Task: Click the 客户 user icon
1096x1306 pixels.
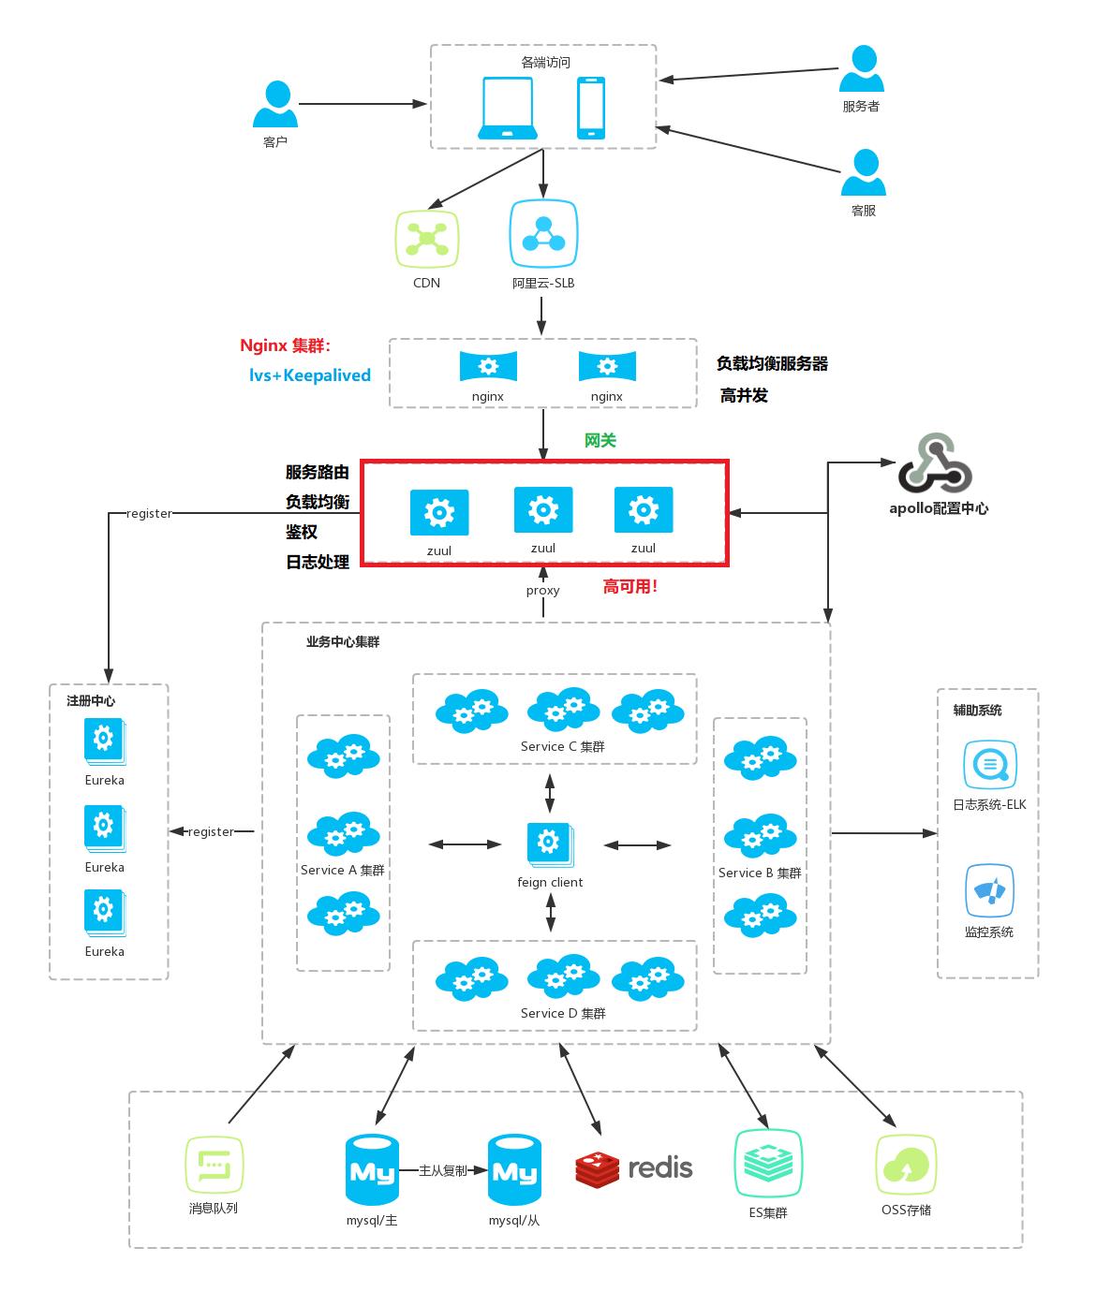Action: pyautogui.click(x=275, y=105)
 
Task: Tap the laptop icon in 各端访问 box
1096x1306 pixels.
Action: pyautogui.click(x=508, y=109)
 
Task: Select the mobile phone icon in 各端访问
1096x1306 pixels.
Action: pyautogui.click(x=590, y=109)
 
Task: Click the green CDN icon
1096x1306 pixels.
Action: pyautogui.click(x=427, y=240)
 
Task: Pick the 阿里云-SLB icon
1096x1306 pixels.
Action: pyautogui.click(x=543, y=234)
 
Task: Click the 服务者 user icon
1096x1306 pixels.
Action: pyautogui.click(x=861, y=69)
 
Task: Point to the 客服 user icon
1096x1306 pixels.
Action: pyautogui.click(x=863, y=173)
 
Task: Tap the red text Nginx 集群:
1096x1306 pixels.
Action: pyautogui.click(x=286, y=345)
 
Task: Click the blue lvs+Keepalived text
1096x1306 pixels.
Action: pyautogui.click(x=309, y=375)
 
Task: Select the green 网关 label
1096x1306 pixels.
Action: pyautogui.click(x=600, y=440)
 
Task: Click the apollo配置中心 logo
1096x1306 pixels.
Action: pyautogui.click(x=934, y=463)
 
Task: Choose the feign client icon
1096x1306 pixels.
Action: pyautogui.click(x=550, y=844)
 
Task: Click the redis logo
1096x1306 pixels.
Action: pyautogui.click(x=634, y=1167)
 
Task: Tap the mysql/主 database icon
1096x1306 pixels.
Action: pyautogui.click(x=372, y=1170)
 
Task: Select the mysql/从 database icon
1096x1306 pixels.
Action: pyautogui.click(x=514, y=1170)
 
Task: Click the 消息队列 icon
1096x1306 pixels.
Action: pyautogui.click(x=214, y=1167)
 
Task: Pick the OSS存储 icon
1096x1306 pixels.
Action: pyautogui.click(x=906, y=1166)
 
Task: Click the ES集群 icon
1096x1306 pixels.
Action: pyautogui.click(x=768, y=1163)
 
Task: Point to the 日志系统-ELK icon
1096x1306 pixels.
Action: pyautogui.click(x=989, y=765)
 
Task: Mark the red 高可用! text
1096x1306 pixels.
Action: pyautogui.click(x=629, y=587)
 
